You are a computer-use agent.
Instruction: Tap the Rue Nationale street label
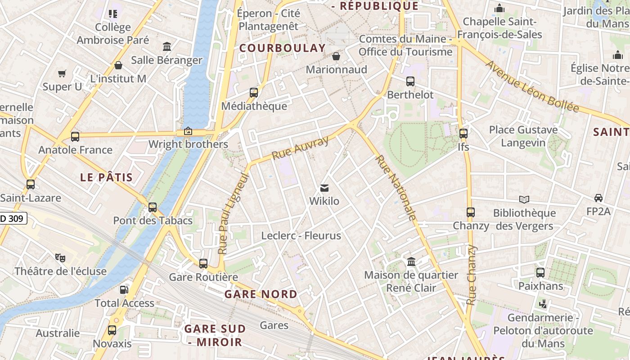(x=396, y=188)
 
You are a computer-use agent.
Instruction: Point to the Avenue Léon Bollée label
(x=532, y=86)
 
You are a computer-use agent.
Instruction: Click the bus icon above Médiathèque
(x=254, y=93)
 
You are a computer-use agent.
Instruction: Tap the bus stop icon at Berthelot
(x=410, y=81)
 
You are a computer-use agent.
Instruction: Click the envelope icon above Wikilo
(x=324, y=188)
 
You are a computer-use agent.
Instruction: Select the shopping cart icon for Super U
(x=62, y=73)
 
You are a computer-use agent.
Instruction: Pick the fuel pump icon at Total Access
(x=124, y=290)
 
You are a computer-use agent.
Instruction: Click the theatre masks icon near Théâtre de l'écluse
(x=60, y=258)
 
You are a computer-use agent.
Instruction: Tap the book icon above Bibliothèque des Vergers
(x=524, y=199)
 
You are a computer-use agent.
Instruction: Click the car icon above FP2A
(x=598, y=198)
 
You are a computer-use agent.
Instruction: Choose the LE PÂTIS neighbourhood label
(x=107, y=177)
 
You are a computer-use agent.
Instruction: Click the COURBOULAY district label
(x=282, y=48)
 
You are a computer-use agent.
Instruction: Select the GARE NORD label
(x=261, y=294)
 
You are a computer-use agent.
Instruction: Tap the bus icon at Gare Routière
(x=203, y=264)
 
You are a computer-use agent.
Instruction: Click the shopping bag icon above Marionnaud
(x=336, y=56)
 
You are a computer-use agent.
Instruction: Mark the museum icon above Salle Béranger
(x=167, y=46)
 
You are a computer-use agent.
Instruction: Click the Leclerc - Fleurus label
(x=301, y=235)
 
